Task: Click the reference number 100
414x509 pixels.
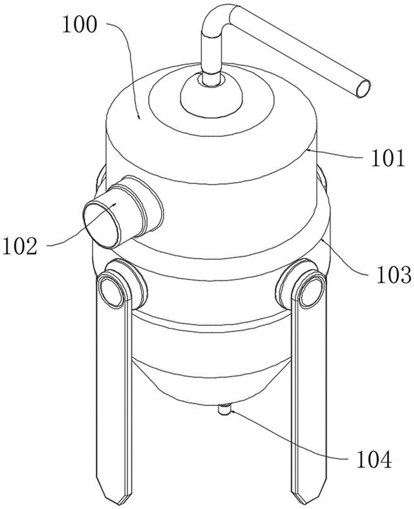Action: click(80, 25)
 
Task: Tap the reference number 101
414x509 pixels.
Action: click(387, 158)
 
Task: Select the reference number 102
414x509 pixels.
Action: click(20, 245)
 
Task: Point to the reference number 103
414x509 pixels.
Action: click(393, 275)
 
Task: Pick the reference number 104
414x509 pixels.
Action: click(374, 458)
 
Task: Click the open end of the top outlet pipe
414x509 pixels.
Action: click(363, 89)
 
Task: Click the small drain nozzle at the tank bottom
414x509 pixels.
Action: click(224, 409)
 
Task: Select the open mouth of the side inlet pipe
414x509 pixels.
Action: click(102, 225)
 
